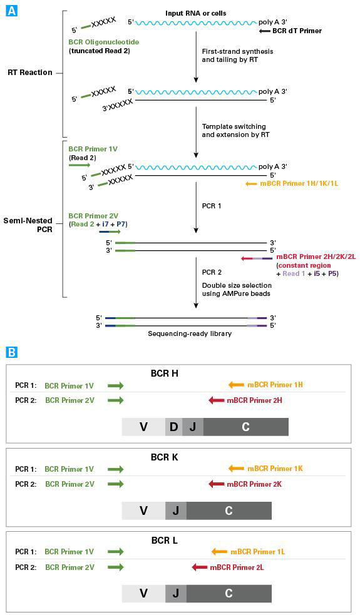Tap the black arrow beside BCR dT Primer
[265, 30]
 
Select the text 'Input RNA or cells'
[196, 13]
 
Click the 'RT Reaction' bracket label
[29, 73]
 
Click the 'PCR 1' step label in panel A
[213, 205]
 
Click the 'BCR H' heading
[165, 374]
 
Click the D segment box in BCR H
[173, 427]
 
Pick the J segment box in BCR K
[176, 511]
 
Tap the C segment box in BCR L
[229, 594]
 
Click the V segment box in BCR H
[143, 427]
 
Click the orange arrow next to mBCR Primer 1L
[219, 552]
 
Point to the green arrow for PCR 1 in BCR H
[115, 385]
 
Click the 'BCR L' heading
[165, 541]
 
